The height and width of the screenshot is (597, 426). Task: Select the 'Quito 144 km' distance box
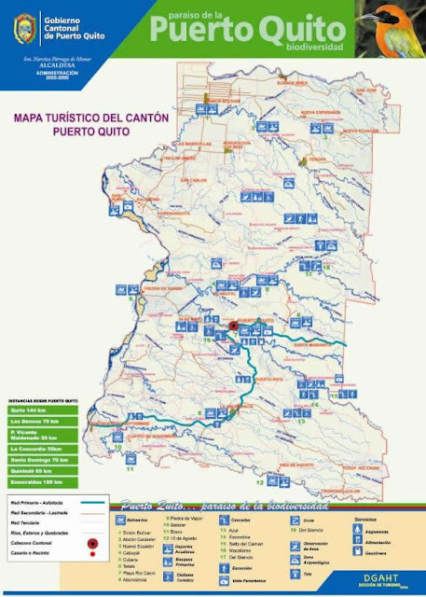tap(38, 410)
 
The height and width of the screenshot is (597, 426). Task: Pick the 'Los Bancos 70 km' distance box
tap(38, 423)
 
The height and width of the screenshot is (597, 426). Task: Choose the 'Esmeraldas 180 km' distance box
tap(38, 482)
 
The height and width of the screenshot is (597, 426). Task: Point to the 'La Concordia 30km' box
tap(38, 448)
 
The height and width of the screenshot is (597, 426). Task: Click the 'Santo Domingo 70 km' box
tap(38, 459)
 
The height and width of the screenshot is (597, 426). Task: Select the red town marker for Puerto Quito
tap(232, 326)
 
